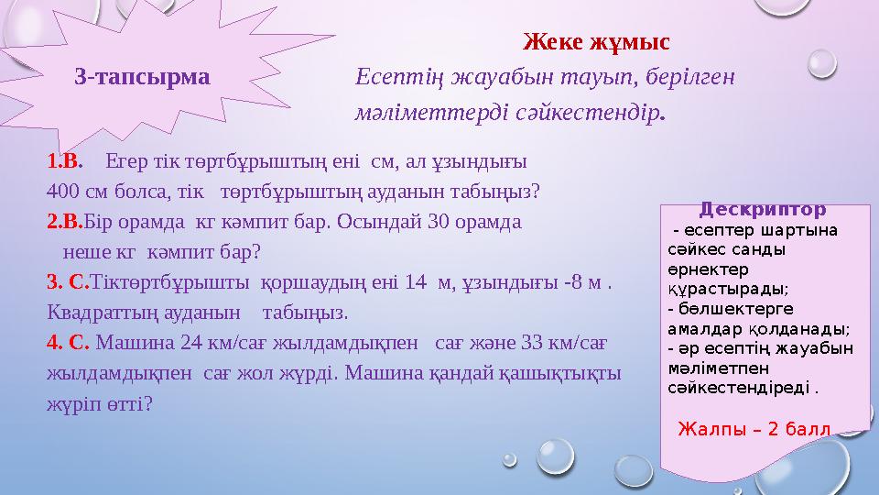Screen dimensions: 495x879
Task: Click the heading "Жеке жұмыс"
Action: point(596,42)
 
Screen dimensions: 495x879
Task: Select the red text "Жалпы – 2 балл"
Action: point(754,428)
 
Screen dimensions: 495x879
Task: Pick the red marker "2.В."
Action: point(65,221)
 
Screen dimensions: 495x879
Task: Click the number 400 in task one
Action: point(61,192)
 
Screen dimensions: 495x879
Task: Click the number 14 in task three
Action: point(418,284)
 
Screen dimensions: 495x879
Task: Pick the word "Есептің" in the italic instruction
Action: point(391,76)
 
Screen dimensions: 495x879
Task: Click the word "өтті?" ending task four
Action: point(131,403)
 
